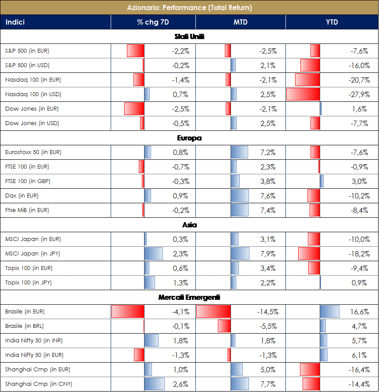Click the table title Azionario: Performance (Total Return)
[189, 7]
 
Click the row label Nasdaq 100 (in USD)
[33, 94]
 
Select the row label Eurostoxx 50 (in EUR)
[33, 152]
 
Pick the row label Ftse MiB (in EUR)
[27, 210]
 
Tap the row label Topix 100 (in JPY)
[29, 283]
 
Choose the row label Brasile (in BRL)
[25, 326]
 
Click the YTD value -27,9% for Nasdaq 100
[359, 94]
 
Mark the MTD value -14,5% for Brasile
[267, 312]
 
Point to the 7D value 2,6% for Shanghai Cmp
[180, 384]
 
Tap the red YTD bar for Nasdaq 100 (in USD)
[303, 94]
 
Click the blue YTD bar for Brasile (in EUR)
[329, 312]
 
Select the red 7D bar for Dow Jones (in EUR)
[134, 109]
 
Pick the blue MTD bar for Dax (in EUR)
[239, 196]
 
